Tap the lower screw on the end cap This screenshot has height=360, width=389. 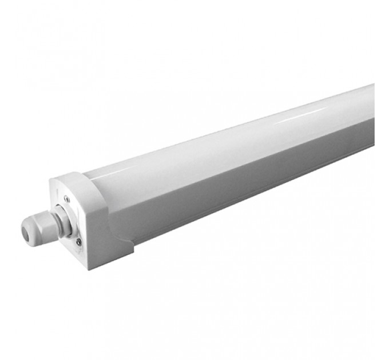coord(78,242)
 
